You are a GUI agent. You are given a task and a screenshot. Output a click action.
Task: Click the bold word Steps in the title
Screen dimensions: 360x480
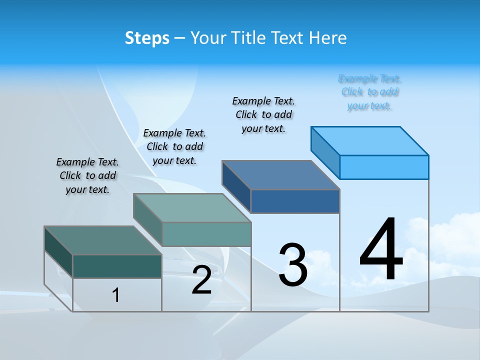[x=147, y=38]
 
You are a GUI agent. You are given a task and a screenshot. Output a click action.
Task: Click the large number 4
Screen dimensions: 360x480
[x=381, y=249]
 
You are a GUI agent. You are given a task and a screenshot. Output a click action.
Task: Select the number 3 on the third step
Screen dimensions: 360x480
[x=293, y=265]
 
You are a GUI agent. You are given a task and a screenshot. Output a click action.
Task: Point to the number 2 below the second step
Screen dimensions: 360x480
[x=202, y=280]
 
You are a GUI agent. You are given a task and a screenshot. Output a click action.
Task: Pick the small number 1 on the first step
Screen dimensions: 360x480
[x=116, y=295]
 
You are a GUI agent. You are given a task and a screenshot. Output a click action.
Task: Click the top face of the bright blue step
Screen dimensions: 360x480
[x=370, y=140]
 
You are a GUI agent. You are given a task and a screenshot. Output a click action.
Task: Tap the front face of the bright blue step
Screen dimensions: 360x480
[x=384, y=167]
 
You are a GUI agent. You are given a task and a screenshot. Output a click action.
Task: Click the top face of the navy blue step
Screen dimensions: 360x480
[x=281, y=175]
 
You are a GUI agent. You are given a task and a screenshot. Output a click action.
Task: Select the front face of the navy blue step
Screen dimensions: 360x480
[x=295, y=201]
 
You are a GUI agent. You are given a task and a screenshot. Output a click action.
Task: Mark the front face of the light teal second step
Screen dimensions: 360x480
[x=206, y=234]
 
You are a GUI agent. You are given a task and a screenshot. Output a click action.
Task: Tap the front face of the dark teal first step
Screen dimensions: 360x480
[x=117, y=266]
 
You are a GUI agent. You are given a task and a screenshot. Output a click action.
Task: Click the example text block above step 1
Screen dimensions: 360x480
[x=87, y=175]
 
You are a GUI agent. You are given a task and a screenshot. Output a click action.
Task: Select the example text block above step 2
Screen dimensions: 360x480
[x=174, y=146]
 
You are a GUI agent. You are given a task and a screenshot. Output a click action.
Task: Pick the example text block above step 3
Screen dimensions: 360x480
[x=263, y=114]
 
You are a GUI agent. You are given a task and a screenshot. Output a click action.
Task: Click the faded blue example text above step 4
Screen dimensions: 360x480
[x=370, y=92]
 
